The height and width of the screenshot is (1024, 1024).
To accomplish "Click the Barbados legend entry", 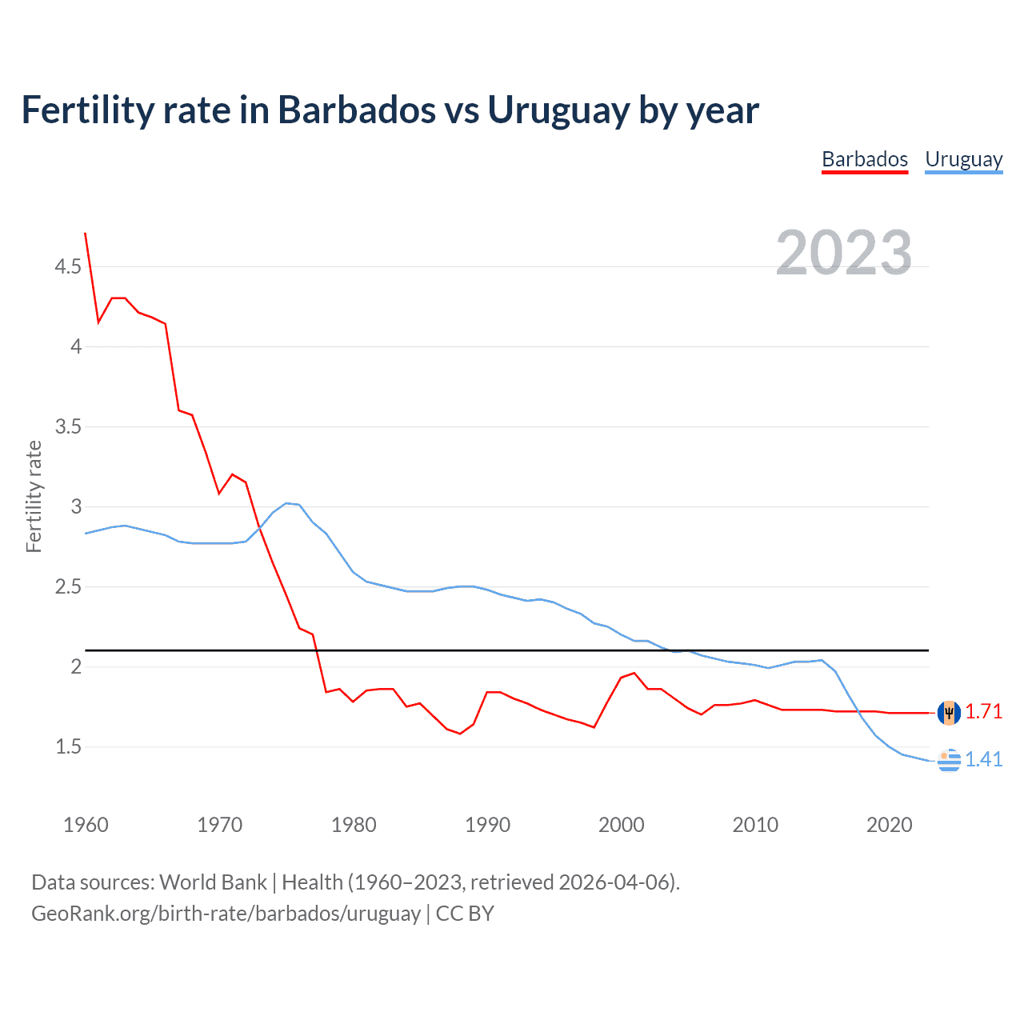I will (865, 159).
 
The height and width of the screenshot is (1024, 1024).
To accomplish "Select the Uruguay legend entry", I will (963, 159).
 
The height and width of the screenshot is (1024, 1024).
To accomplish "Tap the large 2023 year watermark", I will (843, 253).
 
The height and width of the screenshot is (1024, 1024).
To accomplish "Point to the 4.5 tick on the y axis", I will (68, 266).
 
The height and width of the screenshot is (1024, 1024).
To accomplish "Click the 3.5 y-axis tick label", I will (68, 426).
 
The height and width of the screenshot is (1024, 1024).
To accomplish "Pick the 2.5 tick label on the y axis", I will (68, 586).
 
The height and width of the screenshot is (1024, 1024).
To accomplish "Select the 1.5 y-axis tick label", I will (68, 746).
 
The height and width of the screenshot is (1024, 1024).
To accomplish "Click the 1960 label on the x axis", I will (86, 825).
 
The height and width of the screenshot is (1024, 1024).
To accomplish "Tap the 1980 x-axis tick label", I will (354, 825).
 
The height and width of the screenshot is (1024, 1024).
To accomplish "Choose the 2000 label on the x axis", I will (622, 825).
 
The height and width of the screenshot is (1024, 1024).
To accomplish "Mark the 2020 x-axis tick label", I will (889, 825).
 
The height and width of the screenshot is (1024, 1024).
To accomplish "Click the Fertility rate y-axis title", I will (34, 496).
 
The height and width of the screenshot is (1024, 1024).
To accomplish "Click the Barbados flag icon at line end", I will (949, 712).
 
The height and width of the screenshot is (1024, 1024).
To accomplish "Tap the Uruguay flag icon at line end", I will (949, 760).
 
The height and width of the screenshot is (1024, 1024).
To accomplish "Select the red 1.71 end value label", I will (983, 711).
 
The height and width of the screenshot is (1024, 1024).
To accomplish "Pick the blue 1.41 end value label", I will (983, 759).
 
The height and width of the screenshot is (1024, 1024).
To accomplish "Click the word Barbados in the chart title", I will (356, 110).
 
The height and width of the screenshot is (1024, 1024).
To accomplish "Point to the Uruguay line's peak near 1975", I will (287, 503).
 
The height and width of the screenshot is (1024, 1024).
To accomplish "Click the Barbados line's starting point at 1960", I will (86, 234).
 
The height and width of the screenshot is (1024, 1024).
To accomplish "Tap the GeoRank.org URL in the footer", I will (226, 914).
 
